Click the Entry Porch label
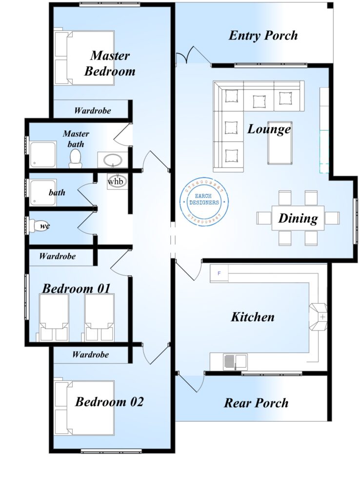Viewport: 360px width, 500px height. coord(263,36)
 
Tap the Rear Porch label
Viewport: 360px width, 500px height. coord(256,403)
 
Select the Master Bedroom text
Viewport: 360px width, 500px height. coord(109,63)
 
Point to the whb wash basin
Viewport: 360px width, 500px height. coord(116,181)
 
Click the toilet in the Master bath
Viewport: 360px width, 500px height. coord(75,158)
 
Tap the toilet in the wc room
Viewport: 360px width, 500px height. coord(38,226)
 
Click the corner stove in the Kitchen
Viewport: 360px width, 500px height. coord(320,317)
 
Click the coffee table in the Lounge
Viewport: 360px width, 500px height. coord(280,143)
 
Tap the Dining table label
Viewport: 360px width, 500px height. coord(298,218)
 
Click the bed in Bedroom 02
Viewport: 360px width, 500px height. coord(84,407)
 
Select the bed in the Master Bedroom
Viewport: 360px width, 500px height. coord(84,58)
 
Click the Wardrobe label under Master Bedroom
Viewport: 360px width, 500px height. coord(92,110)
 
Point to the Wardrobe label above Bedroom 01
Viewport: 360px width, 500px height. coord(57,256)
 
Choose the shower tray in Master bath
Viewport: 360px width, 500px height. coord(43,155)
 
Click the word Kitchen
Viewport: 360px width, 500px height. coord(252,317)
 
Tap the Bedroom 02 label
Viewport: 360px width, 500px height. coord(109,402)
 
